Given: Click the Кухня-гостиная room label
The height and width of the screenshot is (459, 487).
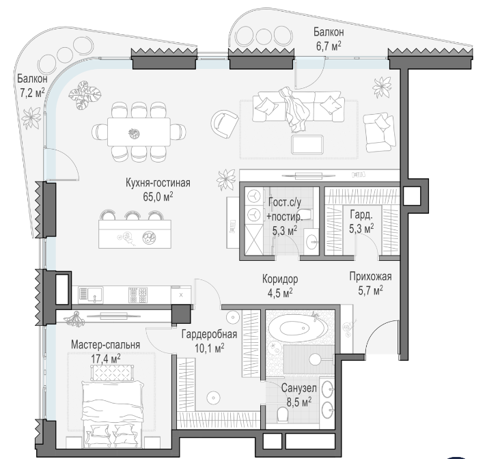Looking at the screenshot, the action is [158, 182].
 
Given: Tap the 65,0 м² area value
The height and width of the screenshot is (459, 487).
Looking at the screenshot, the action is [158, 197].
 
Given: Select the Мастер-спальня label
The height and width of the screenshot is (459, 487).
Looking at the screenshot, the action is [106, 345].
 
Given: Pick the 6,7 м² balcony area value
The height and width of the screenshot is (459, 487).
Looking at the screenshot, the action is [329, 46].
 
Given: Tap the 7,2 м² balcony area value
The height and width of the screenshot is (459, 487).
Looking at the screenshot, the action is [32, 92].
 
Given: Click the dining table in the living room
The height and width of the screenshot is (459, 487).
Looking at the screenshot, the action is [139, 132].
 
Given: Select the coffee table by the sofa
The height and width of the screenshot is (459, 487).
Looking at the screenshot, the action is [307, 144].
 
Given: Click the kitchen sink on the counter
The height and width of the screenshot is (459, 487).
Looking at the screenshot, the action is [91, 294].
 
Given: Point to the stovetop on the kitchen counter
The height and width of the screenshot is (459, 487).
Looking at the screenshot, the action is [138, 294].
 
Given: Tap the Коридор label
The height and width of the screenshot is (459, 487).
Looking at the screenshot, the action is [280, 279].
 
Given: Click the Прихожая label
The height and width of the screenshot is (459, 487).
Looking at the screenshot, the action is [370, 276].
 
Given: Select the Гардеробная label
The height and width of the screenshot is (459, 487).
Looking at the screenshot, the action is [209, 334].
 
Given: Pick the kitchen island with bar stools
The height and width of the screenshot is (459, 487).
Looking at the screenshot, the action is [135, 229].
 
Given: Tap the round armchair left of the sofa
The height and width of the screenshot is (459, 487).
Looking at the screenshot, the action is [224, 124].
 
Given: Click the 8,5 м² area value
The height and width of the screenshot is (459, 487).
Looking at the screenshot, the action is [299, 402].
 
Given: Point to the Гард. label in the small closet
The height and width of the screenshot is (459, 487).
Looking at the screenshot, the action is [361, 214].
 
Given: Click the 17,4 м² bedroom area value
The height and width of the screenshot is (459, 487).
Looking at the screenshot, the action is [106, 359].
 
